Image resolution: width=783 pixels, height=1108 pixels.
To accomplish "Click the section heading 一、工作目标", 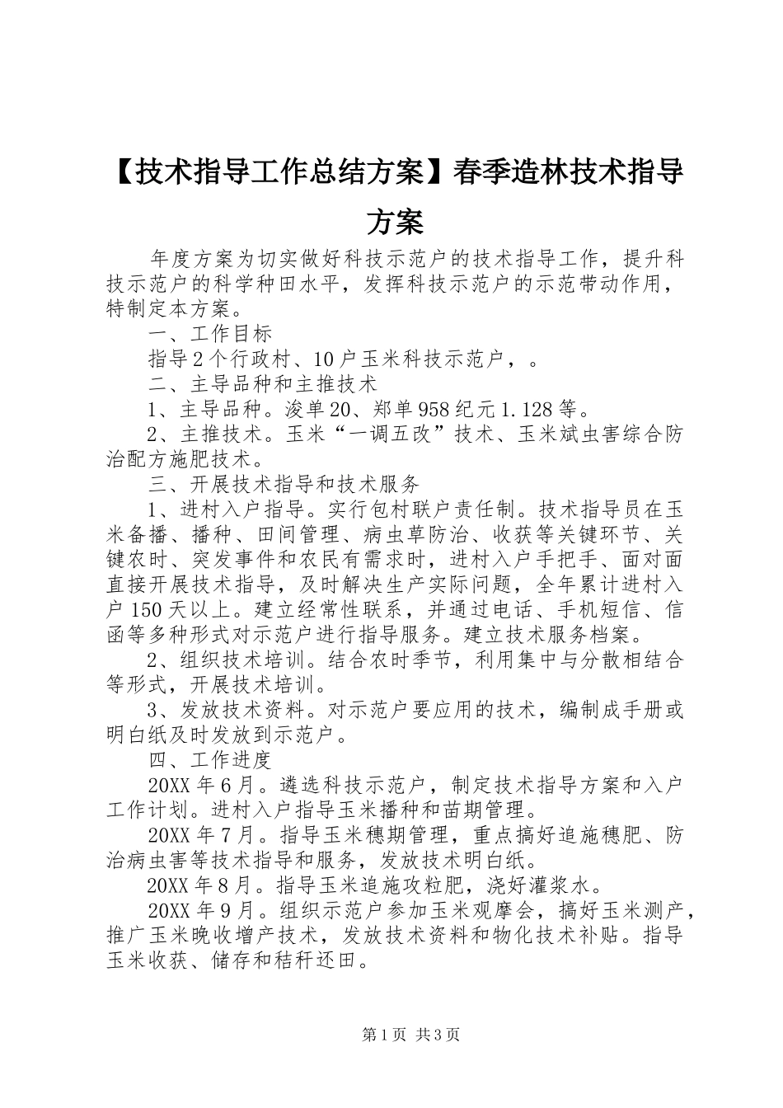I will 210,335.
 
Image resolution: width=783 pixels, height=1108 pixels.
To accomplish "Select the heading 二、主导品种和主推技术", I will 262,383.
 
